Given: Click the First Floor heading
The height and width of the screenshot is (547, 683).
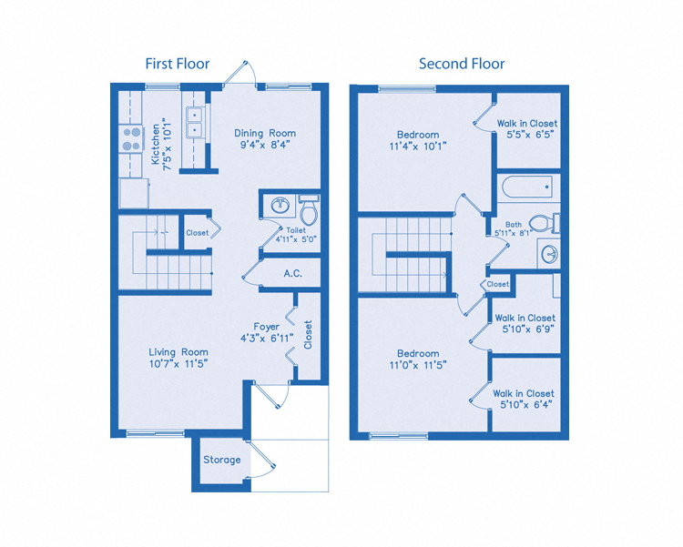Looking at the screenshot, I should [178, 64].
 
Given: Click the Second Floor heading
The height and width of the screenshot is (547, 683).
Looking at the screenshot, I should [462, 64].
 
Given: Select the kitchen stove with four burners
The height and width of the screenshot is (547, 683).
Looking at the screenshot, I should [132, 138].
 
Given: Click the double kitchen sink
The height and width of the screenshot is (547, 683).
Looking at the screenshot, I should [194, 122].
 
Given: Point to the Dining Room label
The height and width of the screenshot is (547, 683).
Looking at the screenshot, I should [265, 133].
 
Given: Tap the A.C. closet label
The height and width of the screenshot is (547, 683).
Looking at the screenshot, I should [293, 273].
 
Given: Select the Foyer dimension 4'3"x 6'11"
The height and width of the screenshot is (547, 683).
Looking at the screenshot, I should [267, 339].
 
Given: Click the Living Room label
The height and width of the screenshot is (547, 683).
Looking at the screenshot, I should [178, 352].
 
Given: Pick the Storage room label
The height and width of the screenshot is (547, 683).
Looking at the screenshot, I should [222, 460].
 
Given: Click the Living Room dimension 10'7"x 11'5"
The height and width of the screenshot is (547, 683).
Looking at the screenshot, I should [178, 364].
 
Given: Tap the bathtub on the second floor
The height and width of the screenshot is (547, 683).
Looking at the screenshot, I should [526, 187].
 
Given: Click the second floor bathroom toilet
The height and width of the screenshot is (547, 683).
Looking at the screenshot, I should [541, 223].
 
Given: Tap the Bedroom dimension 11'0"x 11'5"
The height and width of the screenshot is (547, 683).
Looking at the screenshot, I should [418, 365].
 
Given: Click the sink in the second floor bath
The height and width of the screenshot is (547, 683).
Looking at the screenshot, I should [549, 253].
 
